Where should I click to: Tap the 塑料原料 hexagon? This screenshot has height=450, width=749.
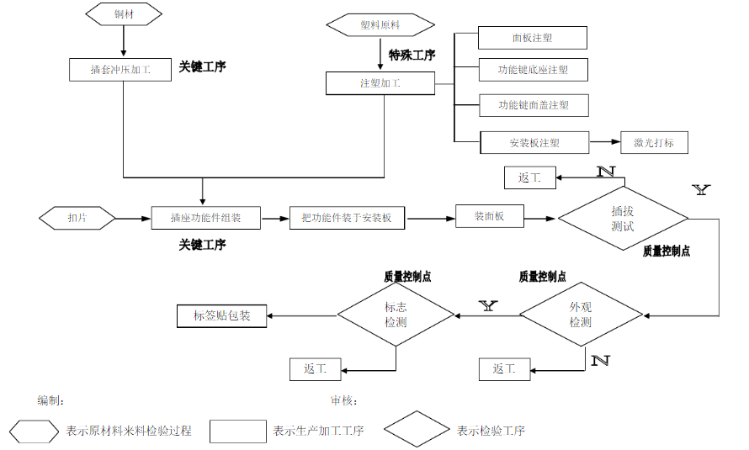tap(380, 25)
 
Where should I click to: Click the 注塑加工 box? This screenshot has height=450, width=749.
tap(380, 83)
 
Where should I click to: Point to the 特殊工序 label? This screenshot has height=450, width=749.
tap(412, 56)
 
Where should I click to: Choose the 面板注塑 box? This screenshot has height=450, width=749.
tap(532, 38)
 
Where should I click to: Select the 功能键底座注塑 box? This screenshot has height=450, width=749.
tap(532, 70)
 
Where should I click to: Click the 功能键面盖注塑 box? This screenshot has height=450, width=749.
tap(532, 105)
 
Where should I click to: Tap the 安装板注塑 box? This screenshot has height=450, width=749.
tap(534, 143)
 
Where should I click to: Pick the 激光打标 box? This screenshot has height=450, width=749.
tap(654, 143)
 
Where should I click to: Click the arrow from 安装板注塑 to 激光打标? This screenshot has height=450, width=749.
tap(604, 143)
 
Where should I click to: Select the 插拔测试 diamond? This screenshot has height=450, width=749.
tap(623, 219)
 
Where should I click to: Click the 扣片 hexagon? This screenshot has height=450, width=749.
tap(77, 218)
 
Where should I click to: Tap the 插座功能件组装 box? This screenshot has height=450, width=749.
tap(206, 218)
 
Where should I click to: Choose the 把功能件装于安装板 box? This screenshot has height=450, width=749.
tap(347, 218)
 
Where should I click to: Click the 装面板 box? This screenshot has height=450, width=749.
tap(489, 216)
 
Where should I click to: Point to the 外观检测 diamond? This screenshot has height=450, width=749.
tap(581, 315)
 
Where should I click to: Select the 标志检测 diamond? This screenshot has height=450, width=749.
tap(396, 315)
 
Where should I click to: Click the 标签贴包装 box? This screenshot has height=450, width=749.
tap(221, 316)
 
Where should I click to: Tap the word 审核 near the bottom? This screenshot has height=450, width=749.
tap(344, 400)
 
